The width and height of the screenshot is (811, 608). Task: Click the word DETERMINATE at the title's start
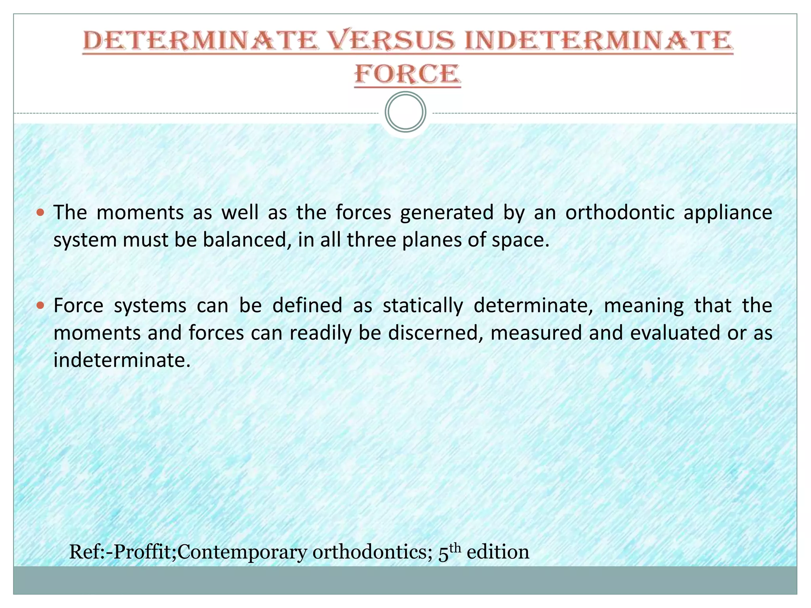(x=200, y=41)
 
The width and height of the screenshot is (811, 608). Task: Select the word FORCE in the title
(x=407, y=74)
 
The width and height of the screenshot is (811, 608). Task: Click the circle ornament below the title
(x=405, y=112)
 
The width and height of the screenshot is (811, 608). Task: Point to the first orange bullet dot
(x=40, y=213)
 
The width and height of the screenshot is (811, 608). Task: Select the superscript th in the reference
(x=456, y=548)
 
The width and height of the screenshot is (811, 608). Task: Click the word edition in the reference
(x=498, y=552)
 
